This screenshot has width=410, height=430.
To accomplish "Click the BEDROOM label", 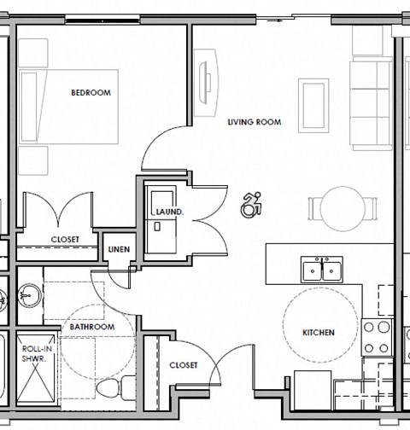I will click(91, 93).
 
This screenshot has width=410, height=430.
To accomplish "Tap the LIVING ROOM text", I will click(254, 122).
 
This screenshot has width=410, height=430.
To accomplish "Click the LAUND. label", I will click(165, 211).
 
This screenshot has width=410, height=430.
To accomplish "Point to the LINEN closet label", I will click(117, 249).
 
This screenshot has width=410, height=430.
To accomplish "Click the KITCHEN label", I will click(318, 332).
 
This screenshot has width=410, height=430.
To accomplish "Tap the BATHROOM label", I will click(91, 327).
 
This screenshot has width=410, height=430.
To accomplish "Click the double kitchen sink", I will click(323, 270).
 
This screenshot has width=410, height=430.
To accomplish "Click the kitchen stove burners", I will click(376, 336).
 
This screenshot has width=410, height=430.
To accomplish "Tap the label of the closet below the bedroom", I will click(65, 240).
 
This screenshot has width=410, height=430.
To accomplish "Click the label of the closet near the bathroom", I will click(184, 364).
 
